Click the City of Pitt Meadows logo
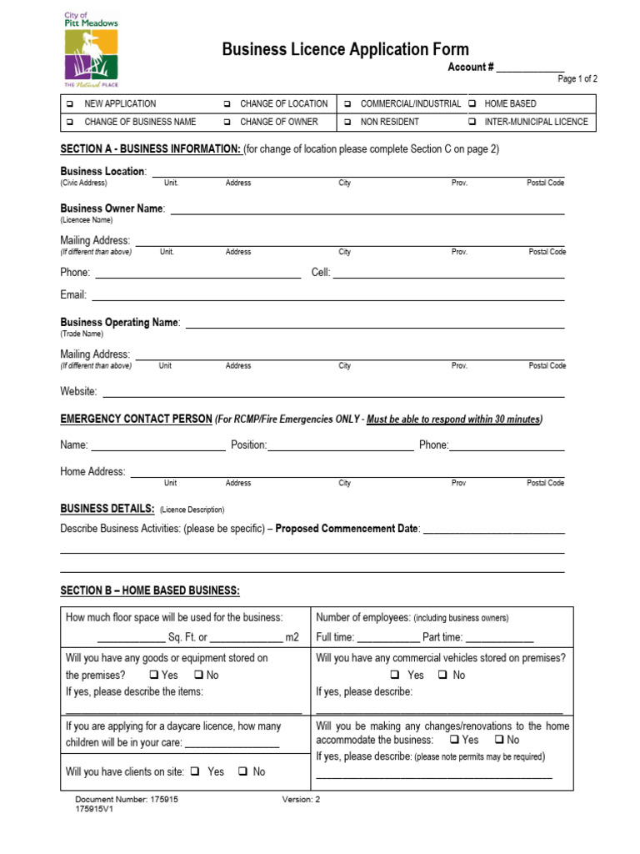92,50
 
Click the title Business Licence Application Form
345,50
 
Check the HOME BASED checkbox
472,104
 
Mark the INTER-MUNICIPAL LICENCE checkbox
472,122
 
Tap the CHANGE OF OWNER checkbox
227,122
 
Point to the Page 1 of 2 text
577,79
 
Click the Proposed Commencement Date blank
494,531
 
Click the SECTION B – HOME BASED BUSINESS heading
150,591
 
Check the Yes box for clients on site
194,772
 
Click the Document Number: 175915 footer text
127,799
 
